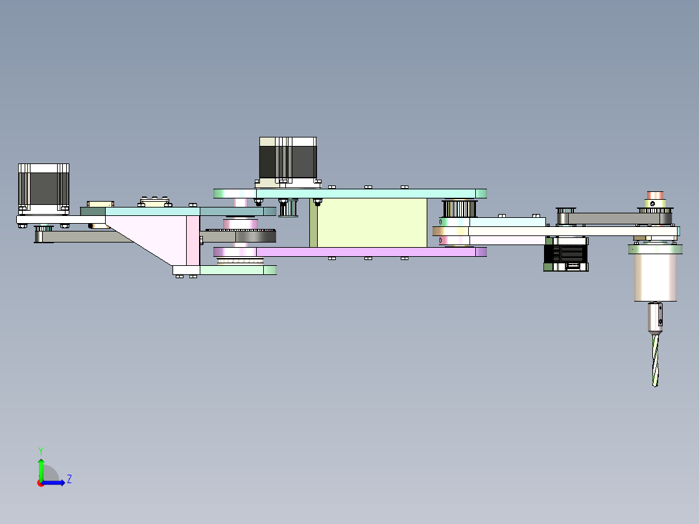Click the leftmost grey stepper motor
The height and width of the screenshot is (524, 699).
point(43,188)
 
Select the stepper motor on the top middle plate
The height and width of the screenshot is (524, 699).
point(288,160)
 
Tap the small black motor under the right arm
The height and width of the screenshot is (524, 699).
point(567,254)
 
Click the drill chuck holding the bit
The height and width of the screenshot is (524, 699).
point(656,317)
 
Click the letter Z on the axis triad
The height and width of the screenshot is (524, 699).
point(69,479)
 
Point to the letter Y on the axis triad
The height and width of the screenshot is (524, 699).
point(40,450)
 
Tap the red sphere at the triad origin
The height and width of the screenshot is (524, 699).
point(41,482)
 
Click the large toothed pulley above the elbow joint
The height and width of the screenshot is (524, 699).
point(459,208)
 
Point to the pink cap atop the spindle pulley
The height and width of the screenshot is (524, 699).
point(654,195)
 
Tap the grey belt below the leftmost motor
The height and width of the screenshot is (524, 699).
point(84,237)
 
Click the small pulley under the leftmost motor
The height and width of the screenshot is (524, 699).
point(43,228)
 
